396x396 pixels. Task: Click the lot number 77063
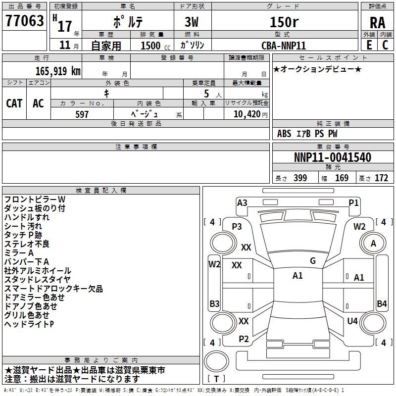point(25,22)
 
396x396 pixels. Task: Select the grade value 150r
point(284,22)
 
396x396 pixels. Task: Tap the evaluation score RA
point(377,23)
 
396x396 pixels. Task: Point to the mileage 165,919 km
point(58,71)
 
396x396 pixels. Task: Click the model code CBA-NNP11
point(284,45)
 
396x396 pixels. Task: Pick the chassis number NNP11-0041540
point(332,158)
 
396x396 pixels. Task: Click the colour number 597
point(82,114)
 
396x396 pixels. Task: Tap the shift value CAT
point(14,103)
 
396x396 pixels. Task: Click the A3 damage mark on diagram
point(242,202)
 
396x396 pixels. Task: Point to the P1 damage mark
point(353,202)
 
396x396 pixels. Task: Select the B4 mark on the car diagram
point(382,304)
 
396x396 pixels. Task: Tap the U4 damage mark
point(352,321)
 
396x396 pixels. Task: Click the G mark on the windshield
point(312,261)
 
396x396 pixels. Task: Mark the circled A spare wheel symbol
point(373,243)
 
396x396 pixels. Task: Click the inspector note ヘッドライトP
point(29,324)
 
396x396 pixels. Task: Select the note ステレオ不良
point(27,244)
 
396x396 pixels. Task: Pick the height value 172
point(381,178)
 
